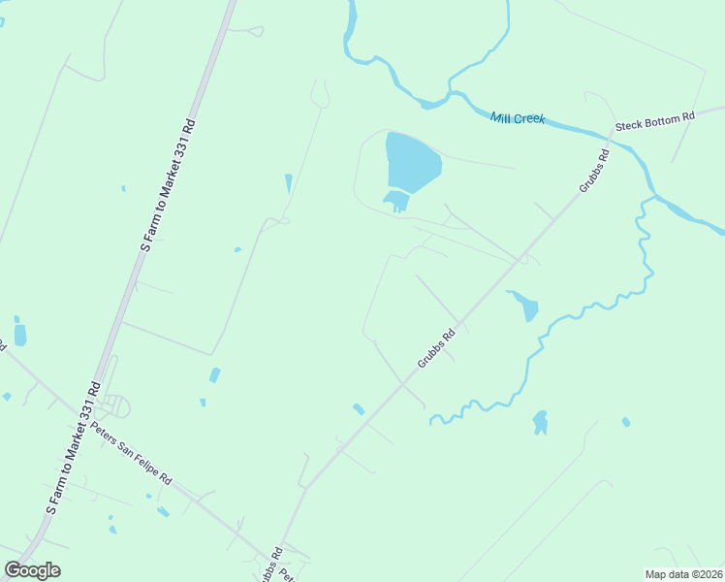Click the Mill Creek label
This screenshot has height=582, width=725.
click(518, 118)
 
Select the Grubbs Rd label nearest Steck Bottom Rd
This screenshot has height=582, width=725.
click(594, 170)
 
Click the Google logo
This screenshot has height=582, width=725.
click(32, 570)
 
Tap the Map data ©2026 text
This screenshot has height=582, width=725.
click(682, 574)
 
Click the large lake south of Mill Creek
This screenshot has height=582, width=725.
click(412, 162)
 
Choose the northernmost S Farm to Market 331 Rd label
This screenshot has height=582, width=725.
click(169, 185)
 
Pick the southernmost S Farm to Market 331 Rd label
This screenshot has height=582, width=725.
click(73, 445)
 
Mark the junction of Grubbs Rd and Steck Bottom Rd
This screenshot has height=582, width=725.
click(612, 132)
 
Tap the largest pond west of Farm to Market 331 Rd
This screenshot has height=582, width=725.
click(20, 335)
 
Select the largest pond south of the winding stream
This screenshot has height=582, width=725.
click(540, 422)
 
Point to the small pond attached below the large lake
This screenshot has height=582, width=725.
click(396, 201)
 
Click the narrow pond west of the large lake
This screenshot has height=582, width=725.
click(288, 183)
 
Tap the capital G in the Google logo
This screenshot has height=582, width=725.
click(14, 570)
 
